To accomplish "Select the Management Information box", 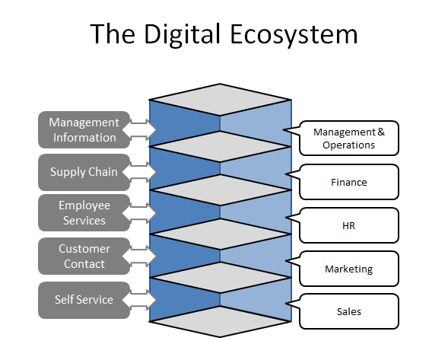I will pos(83,130).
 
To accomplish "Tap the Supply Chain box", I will pos(83,172).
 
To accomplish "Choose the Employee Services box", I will pos(83,213).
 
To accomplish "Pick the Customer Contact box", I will pos(83,256).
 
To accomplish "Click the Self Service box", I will pos(83,300).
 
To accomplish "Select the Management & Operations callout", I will pos(348,139).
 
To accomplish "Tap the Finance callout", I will pos(348,182).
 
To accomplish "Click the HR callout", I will pos(348,225).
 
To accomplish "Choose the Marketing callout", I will pos(348,269).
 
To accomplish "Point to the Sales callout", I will pos(348,311).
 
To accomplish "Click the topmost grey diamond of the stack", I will pos(220,100).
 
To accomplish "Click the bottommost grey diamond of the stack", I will pos(220,321).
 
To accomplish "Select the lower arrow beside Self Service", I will pos(140,308).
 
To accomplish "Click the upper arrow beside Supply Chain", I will pos(140,164).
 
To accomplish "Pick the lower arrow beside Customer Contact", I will pos(140,266).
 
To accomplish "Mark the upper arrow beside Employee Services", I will pos(140,205).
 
